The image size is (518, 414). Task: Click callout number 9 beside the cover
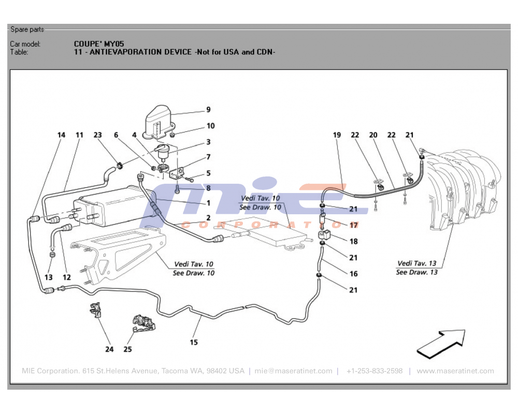pyautogui.click(x=208, y=110)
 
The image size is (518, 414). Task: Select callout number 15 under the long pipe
pyautogui.click(x=194, y=342)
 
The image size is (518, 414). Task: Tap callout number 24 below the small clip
pyautogui.click(x=109, y=349)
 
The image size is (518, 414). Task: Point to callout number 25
pyautogui.click(x=127, y=349)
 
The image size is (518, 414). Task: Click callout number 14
pyautogui.click(x=61, y=135)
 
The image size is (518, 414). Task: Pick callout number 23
pyautogui.click(x=98, y=135)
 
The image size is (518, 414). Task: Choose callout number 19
pyautogui.click(x=337, y=135)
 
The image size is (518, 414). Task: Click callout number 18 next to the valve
pyautogui.click(x=353, y=242)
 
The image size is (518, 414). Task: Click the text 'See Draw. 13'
pyautogui.click(x=416, y=272)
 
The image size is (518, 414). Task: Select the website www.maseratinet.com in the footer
pyautogui.click(x=455, y=371)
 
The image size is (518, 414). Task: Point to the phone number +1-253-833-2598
pyautogui.click(x=374, y=371)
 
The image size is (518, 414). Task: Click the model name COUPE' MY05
pyautogui.click(x=99, y=44)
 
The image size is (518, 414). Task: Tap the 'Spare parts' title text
pyautogui.click(x=27, y=29)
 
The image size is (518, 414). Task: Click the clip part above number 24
pyautogui.click(x=95, y=309)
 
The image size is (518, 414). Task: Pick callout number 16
pyautogui.click(x=353, y=274)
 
